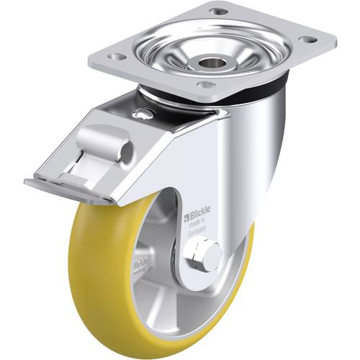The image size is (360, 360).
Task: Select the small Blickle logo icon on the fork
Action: (x=186, y=215)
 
